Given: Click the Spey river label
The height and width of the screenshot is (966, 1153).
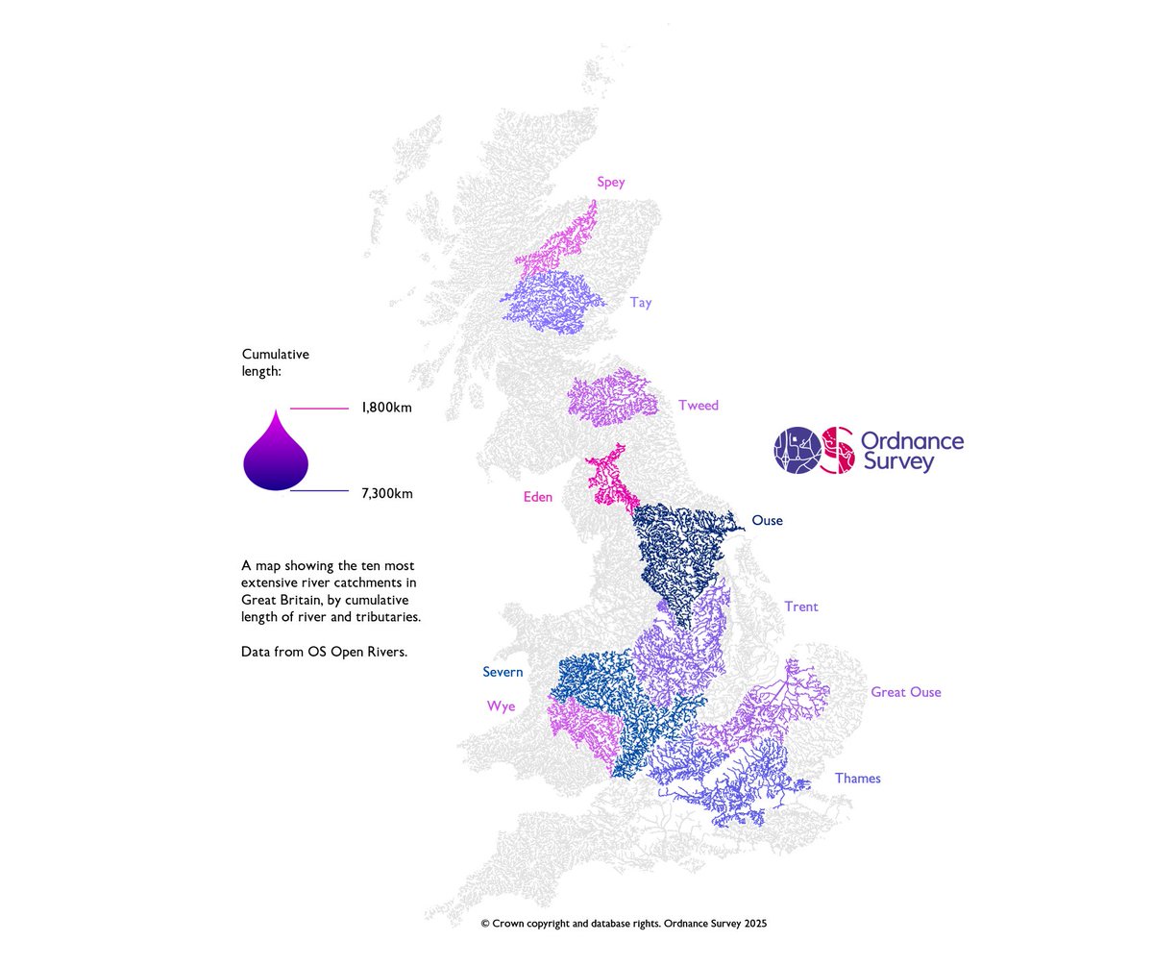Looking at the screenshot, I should coord(610,183).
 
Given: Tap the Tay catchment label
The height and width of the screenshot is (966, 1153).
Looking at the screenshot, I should coord(641,303).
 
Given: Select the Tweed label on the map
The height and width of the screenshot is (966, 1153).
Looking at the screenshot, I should coord(698,406).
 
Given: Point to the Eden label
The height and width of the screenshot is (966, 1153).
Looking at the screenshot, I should coord(537,497).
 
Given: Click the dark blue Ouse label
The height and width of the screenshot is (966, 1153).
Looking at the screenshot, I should coord(767,521).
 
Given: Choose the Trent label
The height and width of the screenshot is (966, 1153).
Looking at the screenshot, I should coord(800,607).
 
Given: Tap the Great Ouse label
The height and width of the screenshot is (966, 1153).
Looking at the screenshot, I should coord(905,692).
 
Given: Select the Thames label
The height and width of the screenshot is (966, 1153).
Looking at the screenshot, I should coord(857,778).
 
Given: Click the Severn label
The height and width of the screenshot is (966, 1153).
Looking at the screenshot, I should coord(503,672).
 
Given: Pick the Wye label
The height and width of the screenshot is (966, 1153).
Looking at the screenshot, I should coord(501,706).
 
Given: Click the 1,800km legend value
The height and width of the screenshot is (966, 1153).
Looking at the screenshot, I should coord(386,408).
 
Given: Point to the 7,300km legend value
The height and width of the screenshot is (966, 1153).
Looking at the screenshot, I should coord(386,494).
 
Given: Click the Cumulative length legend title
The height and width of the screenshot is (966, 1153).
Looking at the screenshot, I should coord(276,362).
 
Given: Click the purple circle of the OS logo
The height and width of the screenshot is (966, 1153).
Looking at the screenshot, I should coord(798,450).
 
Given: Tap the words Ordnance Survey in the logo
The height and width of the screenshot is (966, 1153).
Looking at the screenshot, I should coord(912,452).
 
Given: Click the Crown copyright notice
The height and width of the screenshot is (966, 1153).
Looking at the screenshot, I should coord(624,923).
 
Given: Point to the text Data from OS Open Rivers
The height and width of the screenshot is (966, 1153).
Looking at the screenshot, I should coord(325,652).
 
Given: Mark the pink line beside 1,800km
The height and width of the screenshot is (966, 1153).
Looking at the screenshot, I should coord(319,409).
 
